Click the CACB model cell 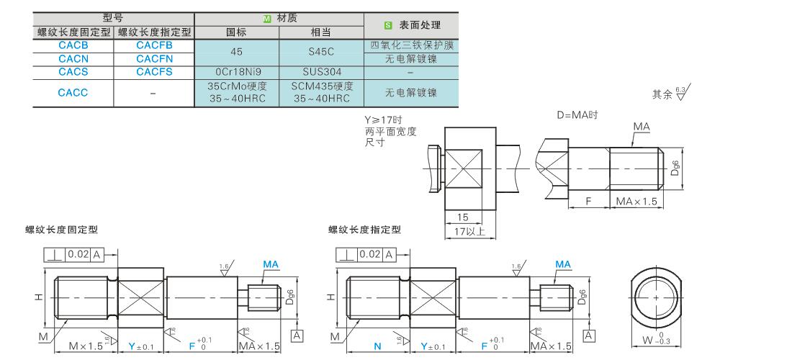[73, 45]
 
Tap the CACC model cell [73, 92]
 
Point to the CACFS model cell [154, 72]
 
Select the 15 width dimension [462, 217]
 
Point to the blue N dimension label [377, 346]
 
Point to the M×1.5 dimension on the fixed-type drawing [86, 346]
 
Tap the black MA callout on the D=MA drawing [642, 127]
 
